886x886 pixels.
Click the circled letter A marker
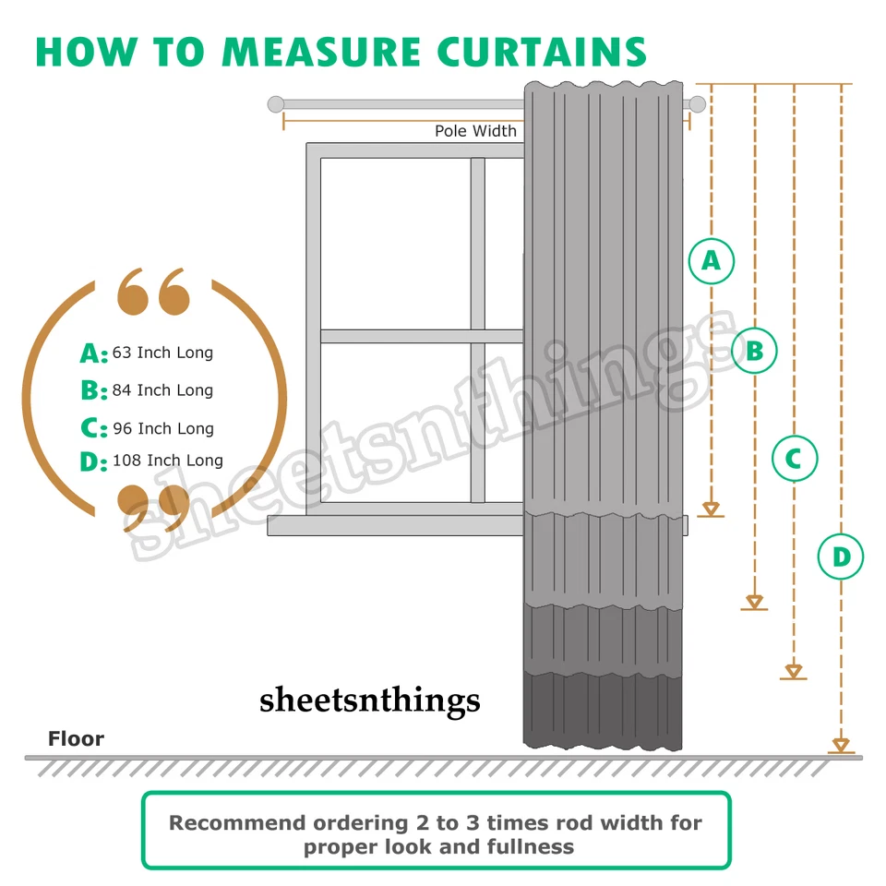pos(711,261)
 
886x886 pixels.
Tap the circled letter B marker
pos(754,351)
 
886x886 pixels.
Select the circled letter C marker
pos(794,458)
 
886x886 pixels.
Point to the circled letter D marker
pos(841,557)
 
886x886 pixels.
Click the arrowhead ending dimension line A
pos(711,509)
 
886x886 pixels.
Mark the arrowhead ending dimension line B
pos(755,603)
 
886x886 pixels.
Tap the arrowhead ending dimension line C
pos(794,671)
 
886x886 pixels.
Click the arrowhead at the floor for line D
pos(841,745)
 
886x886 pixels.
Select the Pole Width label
pos(475,131)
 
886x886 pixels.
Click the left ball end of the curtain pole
pos(275,104)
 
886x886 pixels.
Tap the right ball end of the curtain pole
pos(697,104)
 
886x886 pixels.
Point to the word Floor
pos(76,738)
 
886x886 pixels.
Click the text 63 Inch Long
pos(162,353)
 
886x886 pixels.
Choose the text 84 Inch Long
pos(162,390)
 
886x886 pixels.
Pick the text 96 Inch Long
pos(162,428)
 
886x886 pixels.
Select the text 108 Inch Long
pos(167,460)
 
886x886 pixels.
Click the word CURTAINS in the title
pos(542,52)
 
